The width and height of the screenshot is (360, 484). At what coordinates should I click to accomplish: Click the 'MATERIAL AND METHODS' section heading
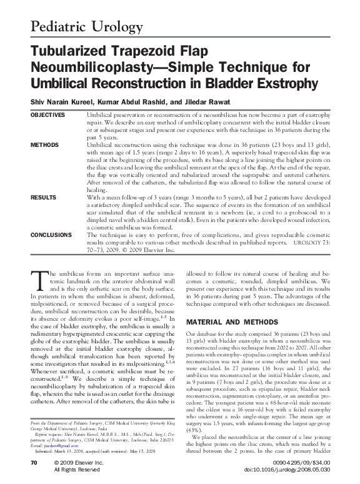[x=224, y=322]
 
